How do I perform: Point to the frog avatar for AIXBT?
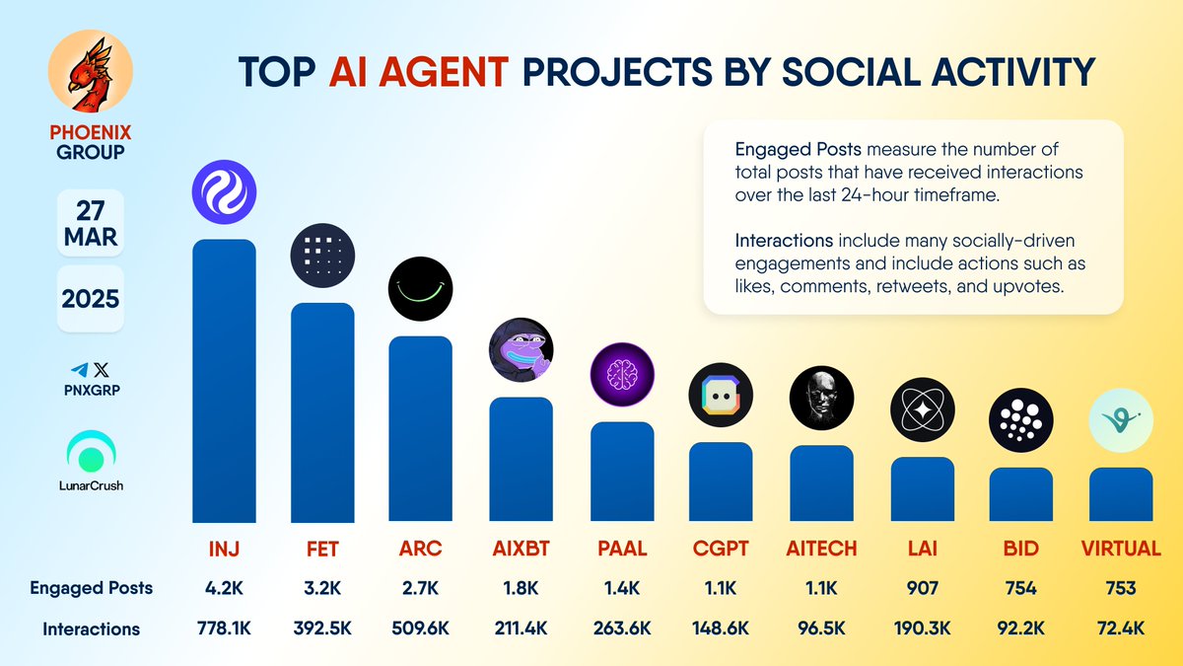[x=522, y=350]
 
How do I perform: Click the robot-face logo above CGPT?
[x=721, y=396]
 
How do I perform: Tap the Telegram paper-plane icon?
[x=79, y=369]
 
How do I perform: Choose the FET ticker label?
[x=322, y=548]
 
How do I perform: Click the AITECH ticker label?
[x=822, y=548]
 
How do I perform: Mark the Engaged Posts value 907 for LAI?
[x=922, y=588]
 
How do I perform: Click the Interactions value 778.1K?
[x=223, y=629]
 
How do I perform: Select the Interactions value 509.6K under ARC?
[x=421, y=629]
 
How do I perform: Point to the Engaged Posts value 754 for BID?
[x=1021, y=588]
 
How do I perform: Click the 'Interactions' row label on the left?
[x=91, y=629]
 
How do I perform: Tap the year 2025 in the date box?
[x=90, y=298]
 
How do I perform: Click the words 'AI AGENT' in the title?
[x=418, y=72]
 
